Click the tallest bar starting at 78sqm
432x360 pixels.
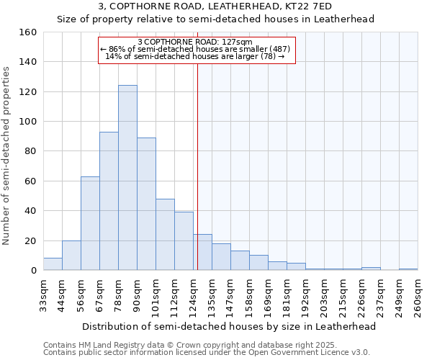click(x=127, y=178)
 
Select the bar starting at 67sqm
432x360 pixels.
click(x=109, y=201)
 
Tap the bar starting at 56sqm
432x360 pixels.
click(x=90, y=223)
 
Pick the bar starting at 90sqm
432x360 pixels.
click(x=146, y=204)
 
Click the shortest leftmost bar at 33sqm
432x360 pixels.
click(x=53, y=264)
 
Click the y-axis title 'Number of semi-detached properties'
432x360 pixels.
click(x=6, y=151)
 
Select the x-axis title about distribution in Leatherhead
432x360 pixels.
click(x=229, y=326)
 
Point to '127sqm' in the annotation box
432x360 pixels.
click(x=237, y=42)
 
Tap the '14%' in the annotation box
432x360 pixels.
click(x=113, y=56)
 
